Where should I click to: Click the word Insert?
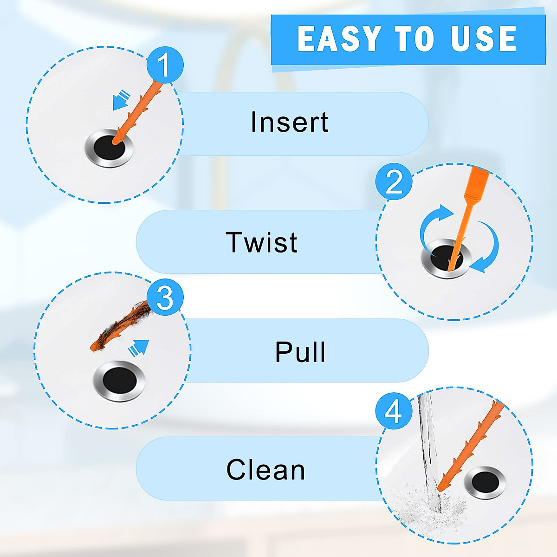tap(289, 123)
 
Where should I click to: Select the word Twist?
tap(261, 242)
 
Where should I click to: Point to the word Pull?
tap(300, 352)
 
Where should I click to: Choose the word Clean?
tap(266, 470)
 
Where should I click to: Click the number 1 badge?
tap(165, 65)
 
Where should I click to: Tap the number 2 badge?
tap(394, 181)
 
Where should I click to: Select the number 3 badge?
tap(165, 298)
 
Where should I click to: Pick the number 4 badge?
tap(394, 411)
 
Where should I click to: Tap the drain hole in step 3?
tap(119, 381)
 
